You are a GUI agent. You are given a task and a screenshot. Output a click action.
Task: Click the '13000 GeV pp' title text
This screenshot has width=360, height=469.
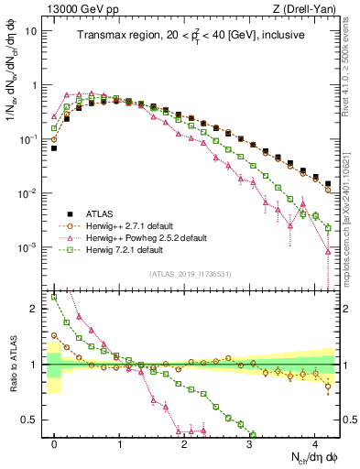[x=77, y=7]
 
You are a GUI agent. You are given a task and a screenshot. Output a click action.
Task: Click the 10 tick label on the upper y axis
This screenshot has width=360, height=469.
[x=31, y=30]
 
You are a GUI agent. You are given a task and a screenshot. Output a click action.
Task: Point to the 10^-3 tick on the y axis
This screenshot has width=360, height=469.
[x=29, y=248]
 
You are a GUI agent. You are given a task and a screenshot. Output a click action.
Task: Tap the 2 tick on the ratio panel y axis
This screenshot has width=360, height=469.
[x=36, y=309]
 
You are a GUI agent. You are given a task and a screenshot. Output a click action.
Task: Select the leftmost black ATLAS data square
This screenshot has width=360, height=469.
[x=55, y=147]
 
